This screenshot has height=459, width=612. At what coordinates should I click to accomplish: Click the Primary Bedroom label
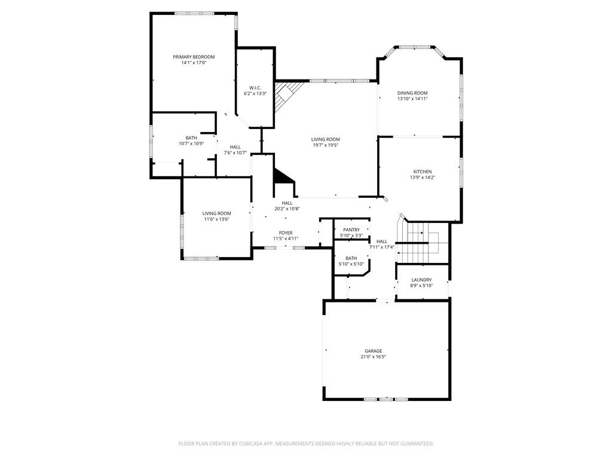pos(194,57)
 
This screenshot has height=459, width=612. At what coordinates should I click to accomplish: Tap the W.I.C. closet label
pos(255,88)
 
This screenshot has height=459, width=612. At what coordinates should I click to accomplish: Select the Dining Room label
pos(412,93)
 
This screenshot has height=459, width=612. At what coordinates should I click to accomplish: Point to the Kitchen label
pos(423,172)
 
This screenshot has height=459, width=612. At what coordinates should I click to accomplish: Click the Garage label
pos(374,351)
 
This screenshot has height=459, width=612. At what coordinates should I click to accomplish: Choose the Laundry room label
pos(421,280)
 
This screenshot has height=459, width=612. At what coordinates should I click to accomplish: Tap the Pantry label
pos(351,230)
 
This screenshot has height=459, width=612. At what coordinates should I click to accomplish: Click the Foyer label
pos(286,233)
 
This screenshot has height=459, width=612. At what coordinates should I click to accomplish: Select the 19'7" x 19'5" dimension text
pos(325,145)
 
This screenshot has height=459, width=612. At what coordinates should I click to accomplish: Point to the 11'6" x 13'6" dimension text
pos(216,219)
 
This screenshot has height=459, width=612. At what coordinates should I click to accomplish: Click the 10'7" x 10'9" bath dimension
pos(191,143)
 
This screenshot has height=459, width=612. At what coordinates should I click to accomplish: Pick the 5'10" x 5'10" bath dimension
pos(351,264)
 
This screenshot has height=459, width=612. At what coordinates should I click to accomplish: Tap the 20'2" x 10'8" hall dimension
pos(287,209)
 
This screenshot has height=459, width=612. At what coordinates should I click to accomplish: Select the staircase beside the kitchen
pos(423,241)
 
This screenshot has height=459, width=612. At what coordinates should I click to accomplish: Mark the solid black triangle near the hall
pos(282,176)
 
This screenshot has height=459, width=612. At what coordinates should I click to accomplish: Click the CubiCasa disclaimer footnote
pos(306,444)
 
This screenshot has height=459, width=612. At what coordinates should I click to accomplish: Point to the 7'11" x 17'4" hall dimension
pos(382,247)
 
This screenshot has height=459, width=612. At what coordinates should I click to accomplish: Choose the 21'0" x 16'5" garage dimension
pos(374,357)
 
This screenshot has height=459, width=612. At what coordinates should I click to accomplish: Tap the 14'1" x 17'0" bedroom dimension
pos(194,63)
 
